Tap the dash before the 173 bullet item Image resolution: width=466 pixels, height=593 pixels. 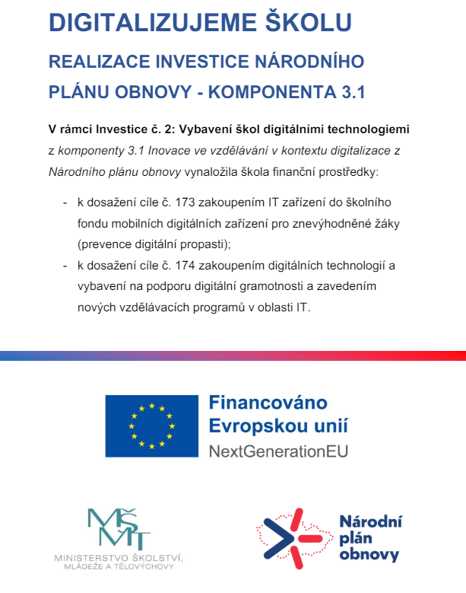pos(64,203)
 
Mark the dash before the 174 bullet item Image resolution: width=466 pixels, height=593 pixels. pos(64,266)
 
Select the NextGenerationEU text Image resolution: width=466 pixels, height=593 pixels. pos(278,450)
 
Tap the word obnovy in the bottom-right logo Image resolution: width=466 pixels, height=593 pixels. pos(369,556)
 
